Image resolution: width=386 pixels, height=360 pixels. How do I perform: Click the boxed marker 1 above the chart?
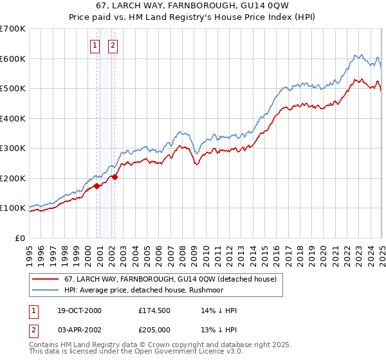coord(95,45)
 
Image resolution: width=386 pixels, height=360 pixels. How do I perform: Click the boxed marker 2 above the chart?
coord(113,45)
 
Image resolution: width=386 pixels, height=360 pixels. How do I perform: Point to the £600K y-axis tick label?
coord(13,59)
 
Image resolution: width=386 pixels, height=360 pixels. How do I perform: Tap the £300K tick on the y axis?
coord(13,148)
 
